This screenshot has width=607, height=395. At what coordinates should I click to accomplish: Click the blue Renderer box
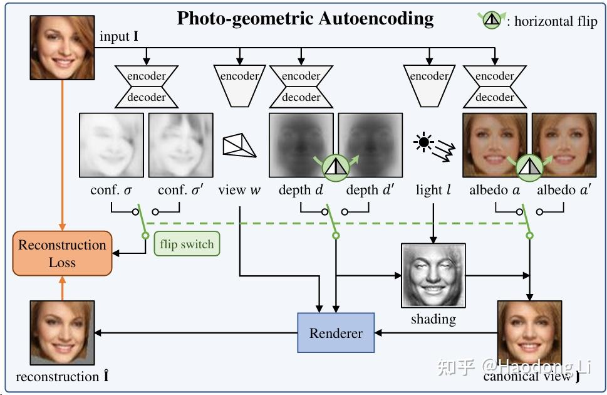pyautogui.click(x=336, y=333)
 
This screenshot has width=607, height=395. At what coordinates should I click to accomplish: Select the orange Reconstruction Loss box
pyautogui.click(x=62, y=253)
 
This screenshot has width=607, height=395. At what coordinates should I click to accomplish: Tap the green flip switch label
pyautogui.click(x=187, y=245)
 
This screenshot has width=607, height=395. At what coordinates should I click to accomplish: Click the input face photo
pyautogui.click(x=62, y=48)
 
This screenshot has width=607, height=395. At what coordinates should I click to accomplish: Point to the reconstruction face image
pyautogui.click(x=62, y=333)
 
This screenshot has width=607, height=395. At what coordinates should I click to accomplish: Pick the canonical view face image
pyautogui.click(x=529, y=335)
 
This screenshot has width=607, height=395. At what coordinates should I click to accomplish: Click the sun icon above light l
pyautogui.click(x=424, y=144)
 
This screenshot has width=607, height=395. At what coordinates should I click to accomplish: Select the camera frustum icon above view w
pyautogui.click(x=239, y=145)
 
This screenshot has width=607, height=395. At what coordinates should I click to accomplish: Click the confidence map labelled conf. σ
pyautogui.click(x=112, y=145)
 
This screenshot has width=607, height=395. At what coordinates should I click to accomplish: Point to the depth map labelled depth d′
pyautogui.click(x=370, y=145)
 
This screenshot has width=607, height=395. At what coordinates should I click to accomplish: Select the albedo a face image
pyautogui.click(x=494, y=145)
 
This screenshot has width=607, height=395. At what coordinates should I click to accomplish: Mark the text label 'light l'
pyautogui.click(x=433, y=190)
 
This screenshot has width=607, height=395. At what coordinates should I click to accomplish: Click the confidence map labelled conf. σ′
pyautogui.click(x=180, y=145)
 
